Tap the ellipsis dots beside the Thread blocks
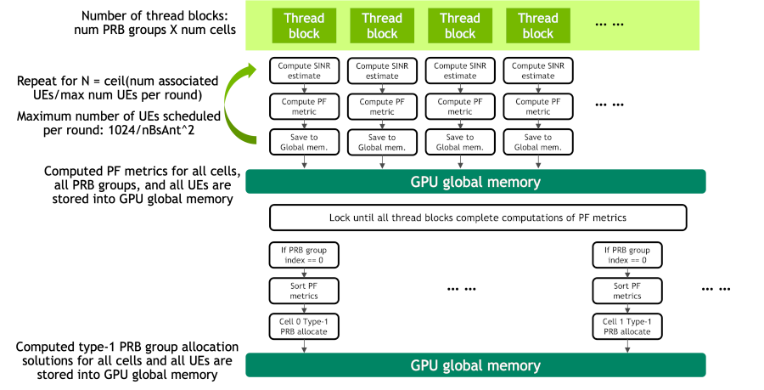pos(610,25)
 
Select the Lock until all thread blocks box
pos(478,218)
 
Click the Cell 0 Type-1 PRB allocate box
pos(304,326)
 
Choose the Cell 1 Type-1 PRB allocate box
pos(627,326)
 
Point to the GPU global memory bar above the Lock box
pos(475,182)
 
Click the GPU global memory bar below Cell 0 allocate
pos(475,365)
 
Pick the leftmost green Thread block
pos(304,25)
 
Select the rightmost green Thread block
pos(538,25)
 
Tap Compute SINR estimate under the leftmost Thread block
pos(304,71)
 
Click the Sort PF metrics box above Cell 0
pos(304,291)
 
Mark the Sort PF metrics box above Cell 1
pos(627,291)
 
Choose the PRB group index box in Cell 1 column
pos(627,255)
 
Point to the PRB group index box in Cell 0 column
pos(304,255)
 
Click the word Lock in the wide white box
pos(340,218)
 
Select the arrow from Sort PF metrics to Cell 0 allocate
pos(304,308)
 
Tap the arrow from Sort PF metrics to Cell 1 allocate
pos(627,308)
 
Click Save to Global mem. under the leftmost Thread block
pos(304,142)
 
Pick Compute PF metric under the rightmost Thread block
pos(538,106)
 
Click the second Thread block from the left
pos(382,25)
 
